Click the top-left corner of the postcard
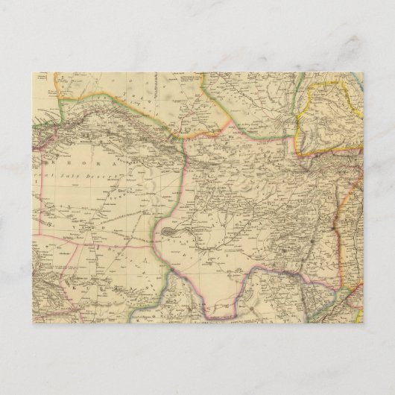(x=33, y=72)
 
